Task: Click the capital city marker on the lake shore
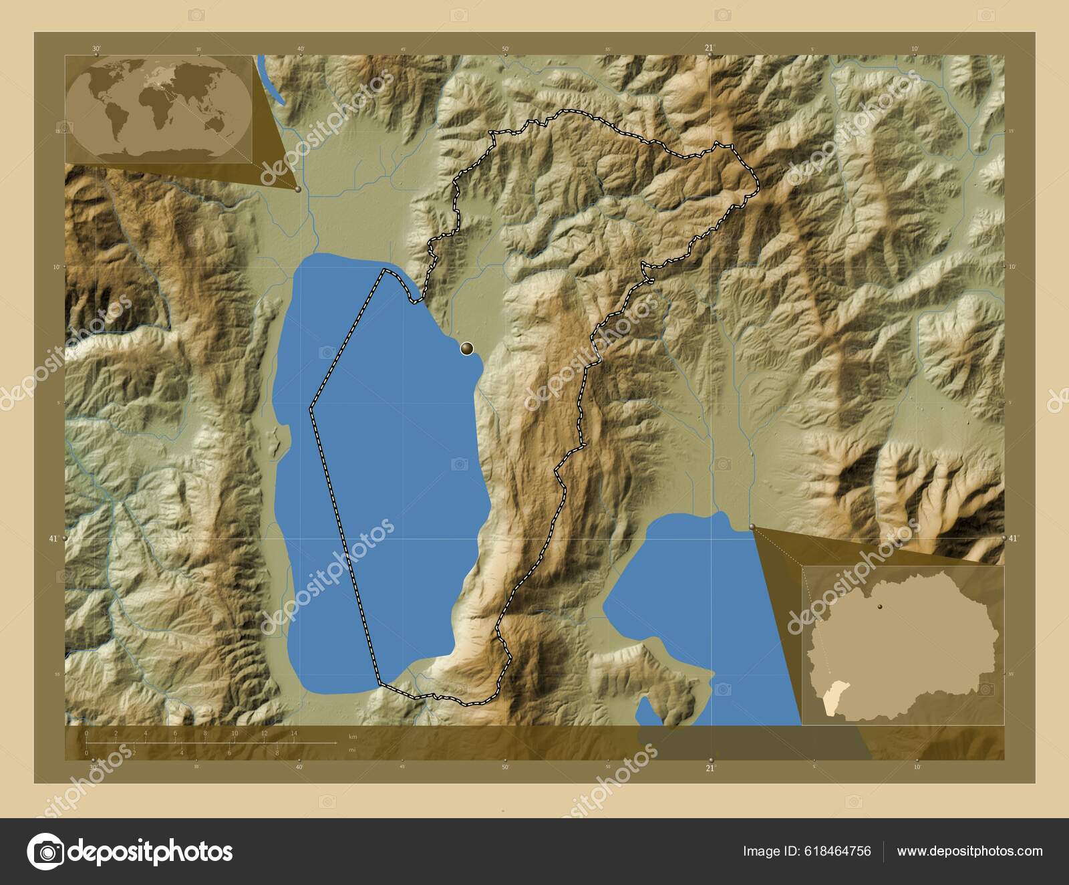coord(466,348)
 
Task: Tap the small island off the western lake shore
coord(274,441)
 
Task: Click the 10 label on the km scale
coord(235,734)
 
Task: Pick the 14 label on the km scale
coord(293,734)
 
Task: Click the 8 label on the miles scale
coord(277,753)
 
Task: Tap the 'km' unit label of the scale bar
coord(353,736)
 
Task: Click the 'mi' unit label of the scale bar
coord(352,749)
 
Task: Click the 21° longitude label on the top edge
coord(709,47)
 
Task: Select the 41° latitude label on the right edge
coord(1013,538)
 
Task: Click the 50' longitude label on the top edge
coord(506,48)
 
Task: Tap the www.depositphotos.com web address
coord(969,851)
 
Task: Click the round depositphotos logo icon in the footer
coord(45,851)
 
